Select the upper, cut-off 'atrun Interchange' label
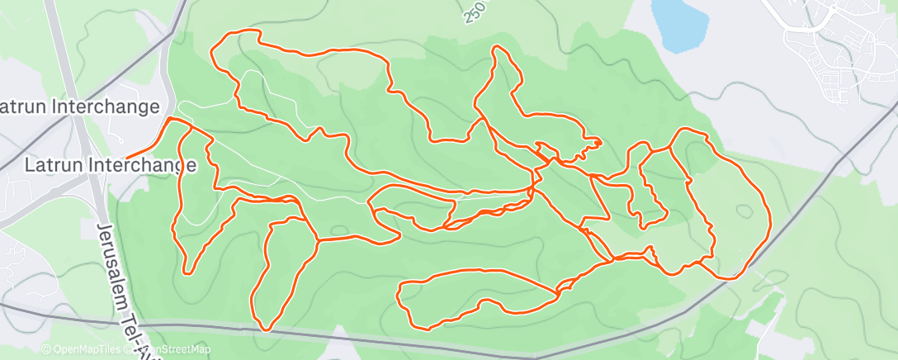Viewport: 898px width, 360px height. tap(79, 107)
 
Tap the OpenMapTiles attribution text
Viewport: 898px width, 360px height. tap(83, 350)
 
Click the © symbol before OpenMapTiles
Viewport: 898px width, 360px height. tap(45, 350)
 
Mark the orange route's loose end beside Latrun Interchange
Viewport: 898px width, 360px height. tap(127, 156)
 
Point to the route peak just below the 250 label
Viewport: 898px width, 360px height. tap(496, 48)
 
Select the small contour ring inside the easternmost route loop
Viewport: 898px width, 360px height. tap(744, 211)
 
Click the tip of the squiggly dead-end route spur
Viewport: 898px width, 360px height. tap(599, 143)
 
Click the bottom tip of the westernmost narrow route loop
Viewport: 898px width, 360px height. tap(189, 272)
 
